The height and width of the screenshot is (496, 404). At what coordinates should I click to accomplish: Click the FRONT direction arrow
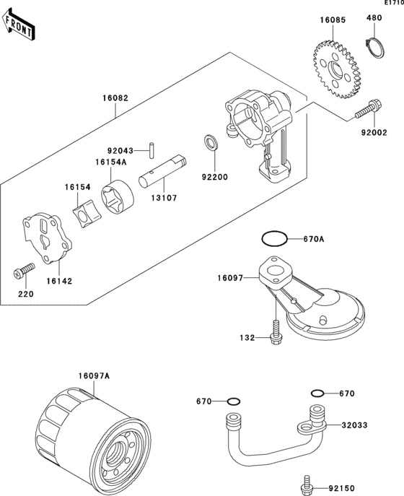(x=18, y=25)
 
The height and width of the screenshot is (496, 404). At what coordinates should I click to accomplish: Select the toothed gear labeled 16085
(x=337, y=69)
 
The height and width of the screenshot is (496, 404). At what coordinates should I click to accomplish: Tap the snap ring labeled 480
(x=375, y=48)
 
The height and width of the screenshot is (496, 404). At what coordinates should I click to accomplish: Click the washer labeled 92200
(x=209, y=142)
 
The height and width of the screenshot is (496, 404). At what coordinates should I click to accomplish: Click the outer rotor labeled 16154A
(x=118, y=197)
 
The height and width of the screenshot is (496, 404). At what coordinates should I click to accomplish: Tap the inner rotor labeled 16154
(x=87, y=214)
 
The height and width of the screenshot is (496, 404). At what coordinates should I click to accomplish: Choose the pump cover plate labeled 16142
(x=48, y=238)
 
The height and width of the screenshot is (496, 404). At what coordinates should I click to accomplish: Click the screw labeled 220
(x=24, y=271)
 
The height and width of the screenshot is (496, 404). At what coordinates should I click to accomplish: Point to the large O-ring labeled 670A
(x=274, y=238)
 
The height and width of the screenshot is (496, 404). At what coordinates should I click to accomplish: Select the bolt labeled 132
(x=276, y=332)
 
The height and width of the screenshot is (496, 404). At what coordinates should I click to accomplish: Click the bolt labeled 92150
(x=306, y=484)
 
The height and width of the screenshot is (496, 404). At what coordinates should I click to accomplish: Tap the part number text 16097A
(x=94, y=376)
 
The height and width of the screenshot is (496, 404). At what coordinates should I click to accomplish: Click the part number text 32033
(x=354, y=425)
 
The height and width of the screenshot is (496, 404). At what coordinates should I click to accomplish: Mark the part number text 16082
(x=115, y=98)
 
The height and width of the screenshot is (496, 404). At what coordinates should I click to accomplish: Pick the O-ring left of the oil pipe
(x=234, y=401)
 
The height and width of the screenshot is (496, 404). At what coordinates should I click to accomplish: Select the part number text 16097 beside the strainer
(x=230, y=278)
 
